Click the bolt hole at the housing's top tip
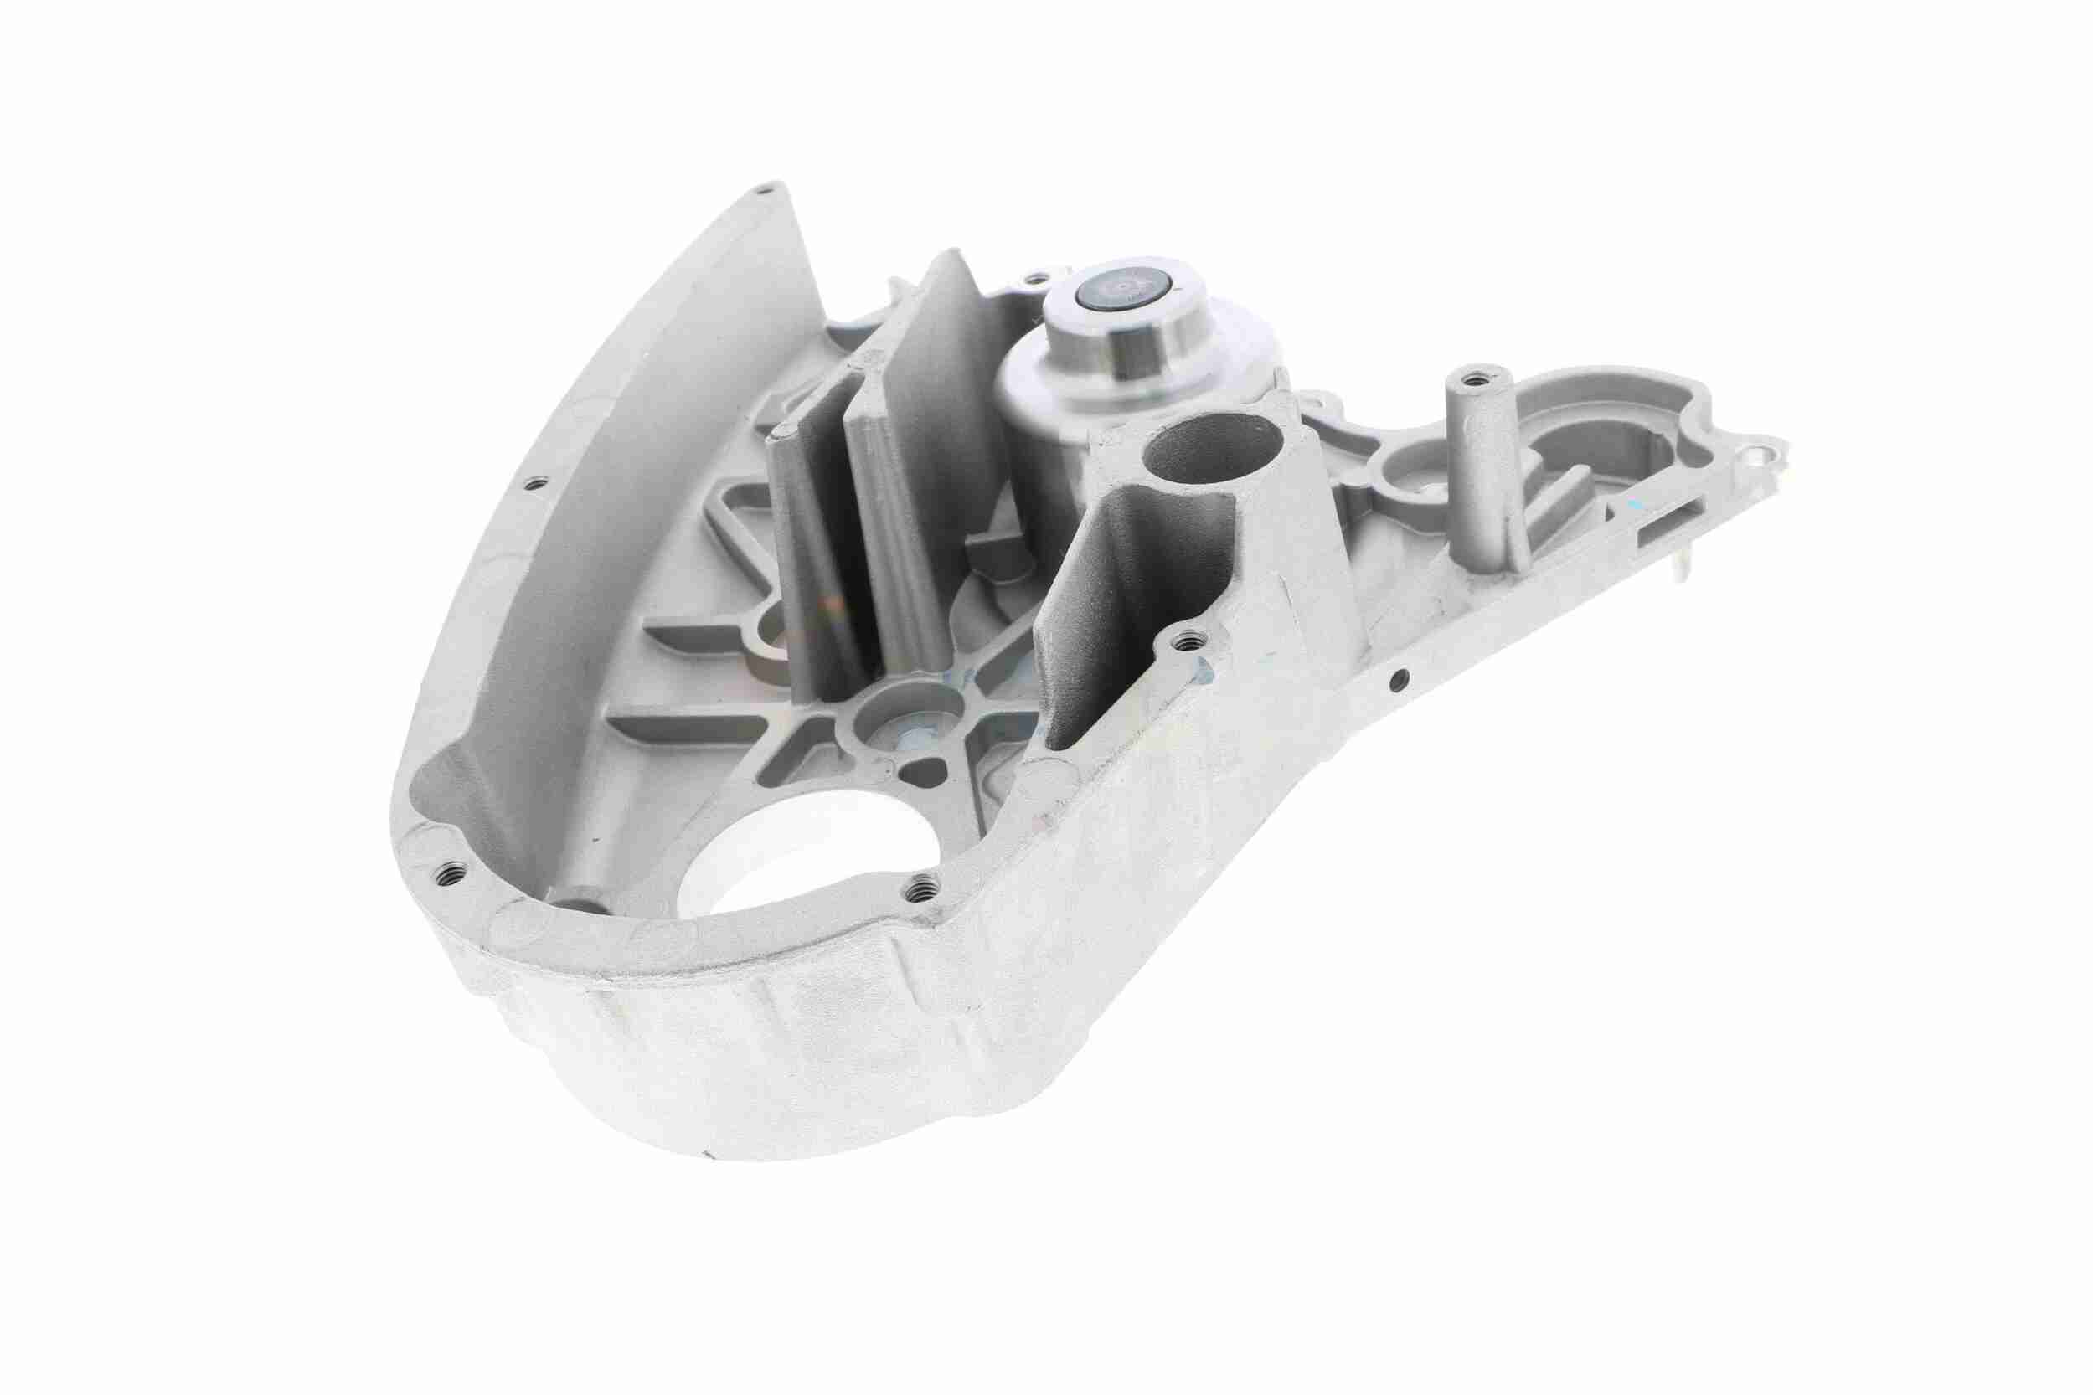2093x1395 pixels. click(x=762, y=188)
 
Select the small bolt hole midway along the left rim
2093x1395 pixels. click(x=533, y=483)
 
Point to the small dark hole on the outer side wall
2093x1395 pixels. click(x=1398, y=682)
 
